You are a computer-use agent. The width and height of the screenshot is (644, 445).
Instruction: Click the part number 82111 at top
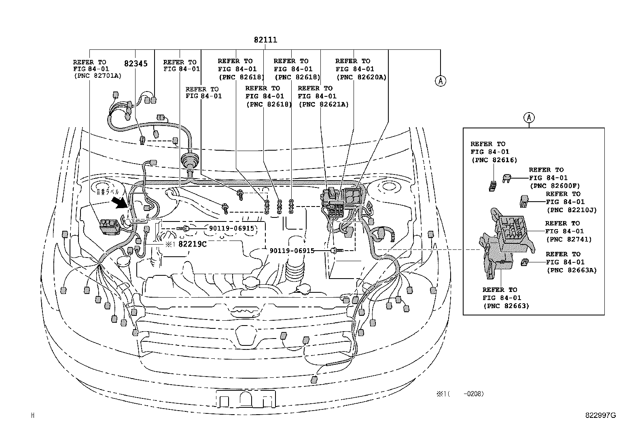click(x=265, y=40)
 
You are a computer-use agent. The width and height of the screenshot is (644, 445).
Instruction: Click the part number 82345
click(x=136, y=64)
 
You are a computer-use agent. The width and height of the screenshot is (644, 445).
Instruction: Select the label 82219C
click(x=192, y=244)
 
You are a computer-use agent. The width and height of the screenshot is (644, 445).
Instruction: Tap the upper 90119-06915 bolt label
click(x=231, y=228)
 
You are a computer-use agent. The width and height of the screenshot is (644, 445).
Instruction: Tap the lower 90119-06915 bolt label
click(x=292, y=251)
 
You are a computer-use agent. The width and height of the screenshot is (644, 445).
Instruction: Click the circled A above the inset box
click(x=529, y=118)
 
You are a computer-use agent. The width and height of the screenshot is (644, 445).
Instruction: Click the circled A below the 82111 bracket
click(x=440, y=81)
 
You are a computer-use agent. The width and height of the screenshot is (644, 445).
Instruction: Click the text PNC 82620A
click(x=361, y=77)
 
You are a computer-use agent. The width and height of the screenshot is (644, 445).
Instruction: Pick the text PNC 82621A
click(x=324, y=104)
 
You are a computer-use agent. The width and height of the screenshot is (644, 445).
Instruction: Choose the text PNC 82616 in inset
click(x=494, y=160)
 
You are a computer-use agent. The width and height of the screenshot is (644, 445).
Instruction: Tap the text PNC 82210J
click(x=571, y=210)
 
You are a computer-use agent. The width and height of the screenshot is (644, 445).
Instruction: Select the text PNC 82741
click(x=569, y=239)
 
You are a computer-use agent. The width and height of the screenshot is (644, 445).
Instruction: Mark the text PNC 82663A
click(x=571, y=270)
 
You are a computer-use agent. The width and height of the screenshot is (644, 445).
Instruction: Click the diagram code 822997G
click(x=600, y=415)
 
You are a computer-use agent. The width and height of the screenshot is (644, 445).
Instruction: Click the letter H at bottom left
click(x=33, y=415)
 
